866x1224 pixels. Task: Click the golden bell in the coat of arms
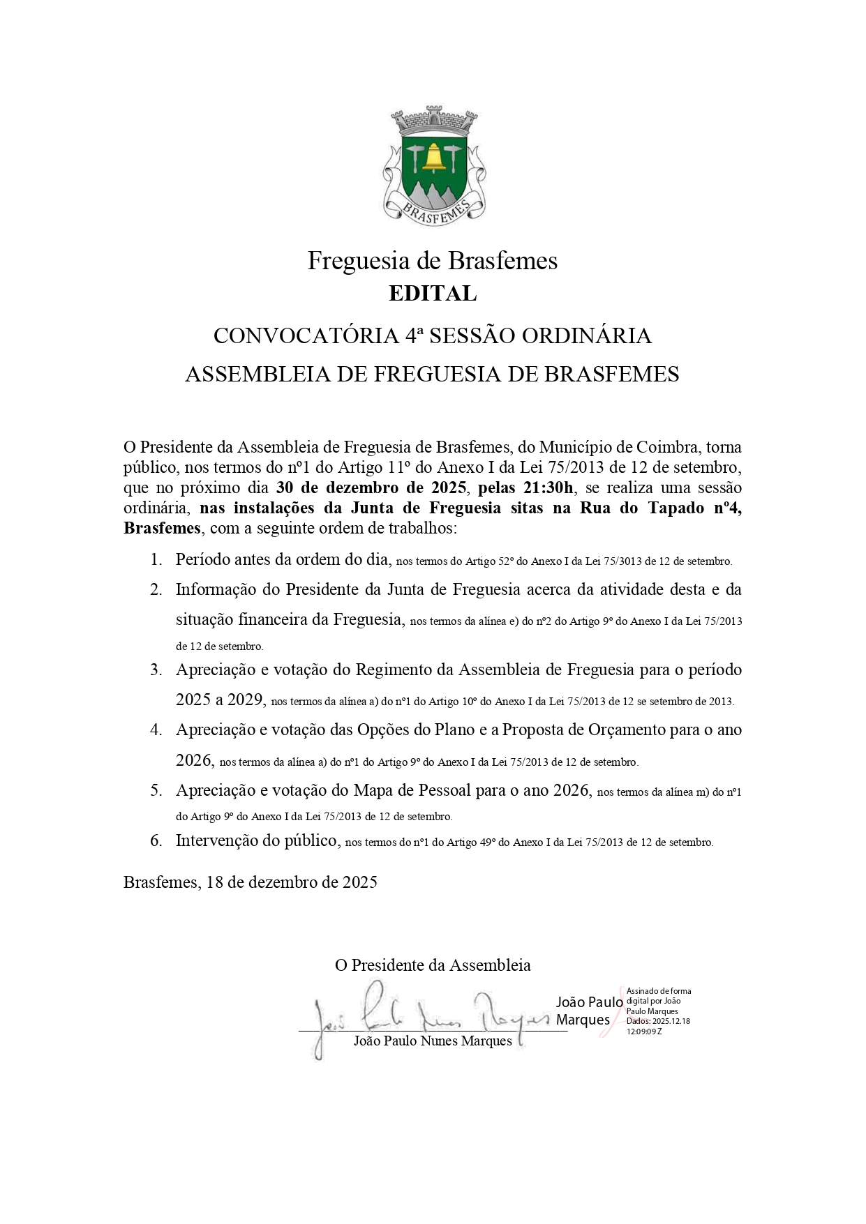click(x=433, y=157)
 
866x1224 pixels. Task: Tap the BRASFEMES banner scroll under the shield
click(x=433, y=209)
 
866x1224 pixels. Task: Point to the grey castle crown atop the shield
click(x=433, y=121)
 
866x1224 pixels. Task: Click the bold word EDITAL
click(x=433, y=294)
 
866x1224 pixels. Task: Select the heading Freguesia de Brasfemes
click(x=433, y=261)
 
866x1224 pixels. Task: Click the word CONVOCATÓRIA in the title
click(x=306, y=336)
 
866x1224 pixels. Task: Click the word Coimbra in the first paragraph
click(x=669, y=447)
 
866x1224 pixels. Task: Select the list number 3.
click(x=156, y=670)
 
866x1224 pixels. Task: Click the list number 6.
click(x=156, y=840)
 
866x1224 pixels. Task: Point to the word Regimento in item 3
click(x=394, y=670)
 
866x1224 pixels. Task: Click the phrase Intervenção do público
click(x=256, y=840)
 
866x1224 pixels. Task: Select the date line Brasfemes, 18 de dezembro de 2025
click(x=250, y=882)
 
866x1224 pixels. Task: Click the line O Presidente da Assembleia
click(x=433, y=965)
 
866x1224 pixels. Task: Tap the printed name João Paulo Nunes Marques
click(x=433, y=1041)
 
